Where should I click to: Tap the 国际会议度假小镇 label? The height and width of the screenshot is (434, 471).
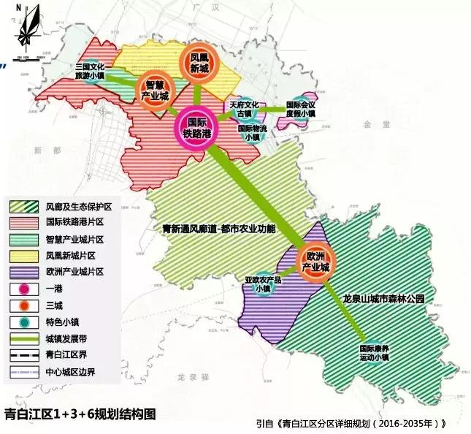pyautogui.click(x=300, y=109)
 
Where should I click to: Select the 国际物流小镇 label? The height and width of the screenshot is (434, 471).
pyautogui.click(x=250, y=132)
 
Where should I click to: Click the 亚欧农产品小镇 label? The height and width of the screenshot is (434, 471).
pyautogui.click(x=262, y=283)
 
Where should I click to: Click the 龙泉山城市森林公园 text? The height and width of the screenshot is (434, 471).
pyautogui.click(x=383, y=299)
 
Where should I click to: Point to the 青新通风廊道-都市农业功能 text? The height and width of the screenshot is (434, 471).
pyautogui.click(x=219, y=229)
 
